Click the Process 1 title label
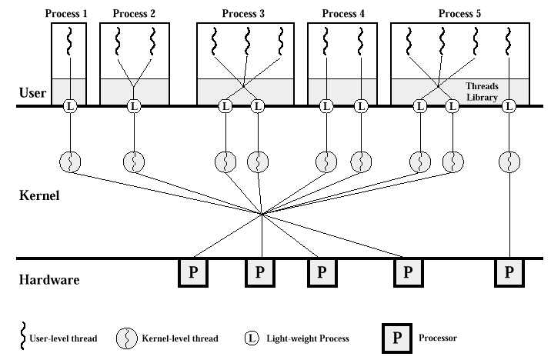coord(68,14)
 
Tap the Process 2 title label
coord(134,14)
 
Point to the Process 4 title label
coord(339,14)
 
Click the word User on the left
coord(32,94)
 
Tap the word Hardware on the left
coord(48,281)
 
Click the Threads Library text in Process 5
coord(483,92)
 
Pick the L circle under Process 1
coord(69,105)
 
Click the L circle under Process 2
coord(134,105)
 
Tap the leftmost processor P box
coord(192,273)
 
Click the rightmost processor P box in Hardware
coord(509,273)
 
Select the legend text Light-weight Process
coord(308,338)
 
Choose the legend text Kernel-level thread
coord(179,338)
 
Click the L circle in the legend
coord(252,338)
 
